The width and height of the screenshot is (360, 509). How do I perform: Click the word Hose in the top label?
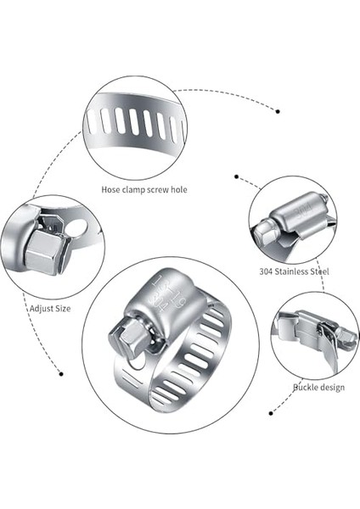[x=111, y=190]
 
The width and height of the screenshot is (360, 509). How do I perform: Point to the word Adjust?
[x=42, y=309]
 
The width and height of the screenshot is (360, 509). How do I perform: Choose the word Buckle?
[x=306, y=387]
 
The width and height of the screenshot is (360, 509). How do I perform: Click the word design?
[x=332, y=387]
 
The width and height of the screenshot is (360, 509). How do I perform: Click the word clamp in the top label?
[x=133, y=190]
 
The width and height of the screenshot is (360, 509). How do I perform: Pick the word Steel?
[x=320, y=272]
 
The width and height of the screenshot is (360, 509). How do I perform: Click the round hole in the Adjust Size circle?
[x=76, y=227]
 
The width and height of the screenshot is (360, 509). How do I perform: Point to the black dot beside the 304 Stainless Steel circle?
[x=236, y=177]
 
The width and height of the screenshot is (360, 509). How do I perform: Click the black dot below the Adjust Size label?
[x=61, y=372]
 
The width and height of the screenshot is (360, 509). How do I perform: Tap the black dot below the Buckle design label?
[x=270, y=413]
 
